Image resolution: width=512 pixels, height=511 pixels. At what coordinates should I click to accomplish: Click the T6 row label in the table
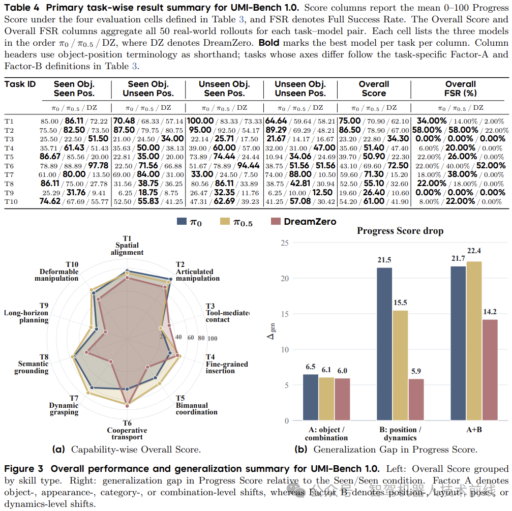[9, 166]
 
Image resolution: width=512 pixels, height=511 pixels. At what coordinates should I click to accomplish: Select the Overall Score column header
[374, 89]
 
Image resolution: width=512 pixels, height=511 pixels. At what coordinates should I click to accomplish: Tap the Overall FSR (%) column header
[461, 89]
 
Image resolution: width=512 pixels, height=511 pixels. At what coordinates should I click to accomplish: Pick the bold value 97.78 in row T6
[98, 166]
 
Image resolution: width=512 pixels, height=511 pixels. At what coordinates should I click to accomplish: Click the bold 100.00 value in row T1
[200, 121]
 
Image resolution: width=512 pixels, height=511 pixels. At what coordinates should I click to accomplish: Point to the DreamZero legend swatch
[276, 221]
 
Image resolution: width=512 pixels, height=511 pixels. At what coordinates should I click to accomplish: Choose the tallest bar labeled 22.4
[474, 341]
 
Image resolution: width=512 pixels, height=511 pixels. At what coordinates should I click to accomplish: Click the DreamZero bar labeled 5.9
[416, 399]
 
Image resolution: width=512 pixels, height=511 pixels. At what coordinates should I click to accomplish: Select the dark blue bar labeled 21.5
[384, 344]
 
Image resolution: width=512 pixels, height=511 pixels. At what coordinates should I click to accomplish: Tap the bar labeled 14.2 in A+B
[490, 370]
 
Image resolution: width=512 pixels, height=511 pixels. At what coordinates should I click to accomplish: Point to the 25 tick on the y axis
[285, 243]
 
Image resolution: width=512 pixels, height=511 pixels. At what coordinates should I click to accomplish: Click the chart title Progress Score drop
[400, 231]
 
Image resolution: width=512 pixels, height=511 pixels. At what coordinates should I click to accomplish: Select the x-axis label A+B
[474, 430]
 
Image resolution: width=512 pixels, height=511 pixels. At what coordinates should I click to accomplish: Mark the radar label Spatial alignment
[127, 249]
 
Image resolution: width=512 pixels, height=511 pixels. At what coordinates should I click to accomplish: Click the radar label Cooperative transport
[127, 433]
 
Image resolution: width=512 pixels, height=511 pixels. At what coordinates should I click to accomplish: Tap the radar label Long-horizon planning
[26, 316]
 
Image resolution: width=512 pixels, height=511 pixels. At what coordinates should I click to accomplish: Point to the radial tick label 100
[212, 338]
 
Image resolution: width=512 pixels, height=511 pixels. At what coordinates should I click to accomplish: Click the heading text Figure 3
[23, 469]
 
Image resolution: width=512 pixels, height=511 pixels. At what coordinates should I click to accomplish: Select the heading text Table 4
[21, 8]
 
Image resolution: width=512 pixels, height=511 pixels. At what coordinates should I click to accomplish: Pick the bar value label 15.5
[400, 303]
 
